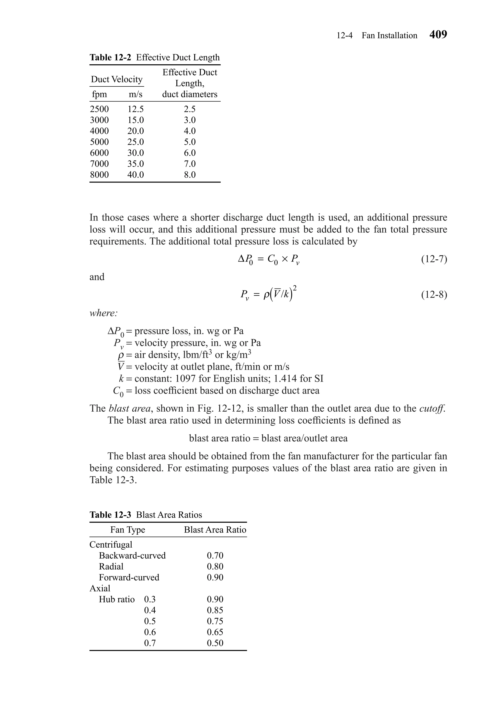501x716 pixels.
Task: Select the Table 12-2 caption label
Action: coord(110,57)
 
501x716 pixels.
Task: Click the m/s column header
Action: coord(135,94)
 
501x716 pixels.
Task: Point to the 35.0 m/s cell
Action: coord(135,164)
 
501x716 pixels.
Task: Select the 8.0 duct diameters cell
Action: coord(190,175)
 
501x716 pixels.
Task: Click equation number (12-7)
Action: coord(434,259)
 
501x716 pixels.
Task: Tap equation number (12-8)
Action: coord(434,294)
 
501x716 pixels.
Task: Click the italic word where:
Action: coord(103,313)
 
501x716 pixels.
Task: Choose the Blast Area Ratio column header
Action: coord(215,530)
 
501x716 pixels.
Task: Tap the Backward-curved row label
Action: coord(132,555)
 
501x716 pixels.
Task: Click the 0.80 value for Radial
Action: coord(215,566)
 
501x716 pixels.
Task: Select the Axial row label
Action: coord(100,588)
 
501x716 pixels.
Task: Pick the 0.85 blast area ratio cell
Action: coord(215,610)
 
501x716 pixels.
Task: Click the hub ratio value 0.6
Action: coord(150,632)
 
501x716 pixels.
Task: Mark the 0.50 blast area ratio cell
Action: coord(215,643)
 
